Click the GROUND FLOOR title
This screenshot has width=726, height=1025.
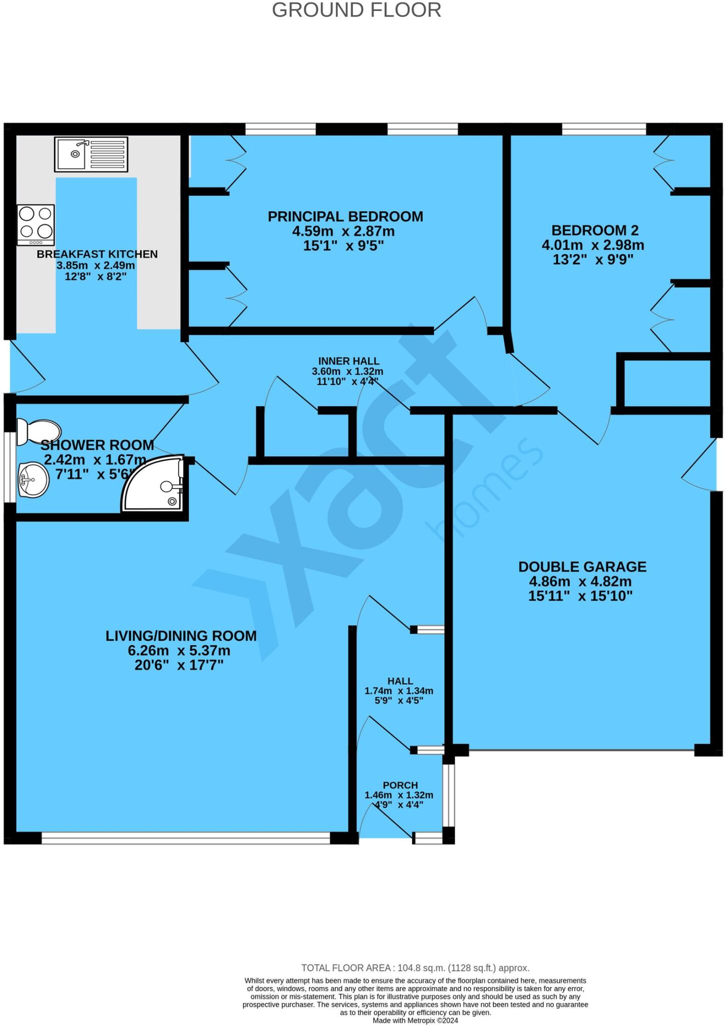click(356, 11)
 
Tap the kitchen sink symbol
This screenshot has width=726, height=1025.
click(91, 154)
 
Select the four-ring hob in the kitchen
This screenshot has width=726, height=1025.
click(36, 224)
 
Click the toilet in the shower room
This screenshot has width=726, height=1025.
click(38, 431)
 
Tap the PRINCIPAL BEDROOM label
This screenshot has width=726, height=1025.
click(345, 217)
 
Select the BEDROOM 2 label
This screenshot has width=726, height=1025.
click(595, 230)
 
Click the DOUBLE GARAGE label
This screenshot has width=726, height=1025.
click(582, 567)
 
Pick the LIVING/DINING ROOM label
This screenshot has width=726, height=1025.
click(181, 636)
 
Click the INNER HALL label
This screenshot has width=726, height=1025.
click(348, 361)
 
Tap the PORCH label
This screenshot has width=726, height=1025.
click(400, 785)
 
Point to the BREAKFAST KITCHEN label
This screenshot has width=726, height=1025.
click(97, 254)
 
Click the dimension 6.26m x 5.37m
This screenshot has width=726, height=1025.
click(179, 651)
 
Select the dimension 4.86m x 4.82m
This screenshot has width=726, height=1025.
click(580, 582)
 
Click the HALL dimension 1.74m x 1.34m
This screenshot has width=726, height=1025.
click(399, 691)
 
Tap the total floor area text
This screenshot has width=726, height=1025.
click(415, 967)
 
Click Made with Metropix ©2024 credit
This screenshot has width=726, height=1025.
click(415, 1020)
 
